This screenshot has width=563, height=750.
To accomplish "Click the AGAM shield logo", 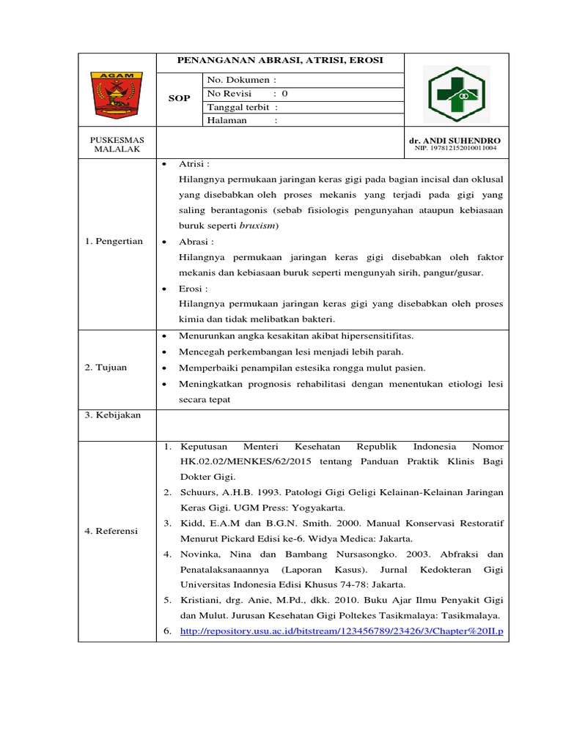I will [x=117, y=95].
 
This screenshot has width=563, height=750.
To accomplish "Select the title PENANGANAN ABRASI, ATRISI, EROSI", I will [x=281, y=60].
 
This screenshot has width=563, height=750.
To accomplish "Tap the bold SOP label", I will [x=179, y=99].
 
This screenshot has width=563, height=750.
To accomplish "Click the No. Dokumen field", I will [x=242, y=80].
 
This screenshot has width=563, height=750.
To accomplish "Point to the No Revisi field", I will [x=248, y=94].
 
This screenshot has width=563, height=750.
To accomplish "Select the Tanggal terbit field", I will [x=243, y=107].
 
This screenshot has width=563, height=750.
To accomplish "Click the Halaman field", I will [x=243, y=121].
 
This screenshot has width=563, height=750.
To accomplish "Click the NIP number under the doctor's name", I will [x=455, y=148].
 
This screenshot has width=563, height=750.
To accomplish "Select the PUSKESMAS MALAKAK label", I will [x=117, y=144].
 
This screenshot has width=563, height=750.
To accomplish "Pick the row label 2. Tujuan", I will [x=107, y=368].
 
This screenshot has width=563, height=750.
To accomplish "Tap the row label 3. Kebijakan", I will [x=112, y=415].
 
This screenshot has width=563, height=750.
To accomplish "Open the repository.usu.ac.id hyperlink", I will [x=342, y=631].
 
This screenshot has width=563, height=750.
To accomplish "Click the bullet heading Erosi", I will [x=193, y=289].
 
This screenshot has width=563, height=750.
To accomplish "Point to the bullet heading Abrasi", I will [x=196, y=241].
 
